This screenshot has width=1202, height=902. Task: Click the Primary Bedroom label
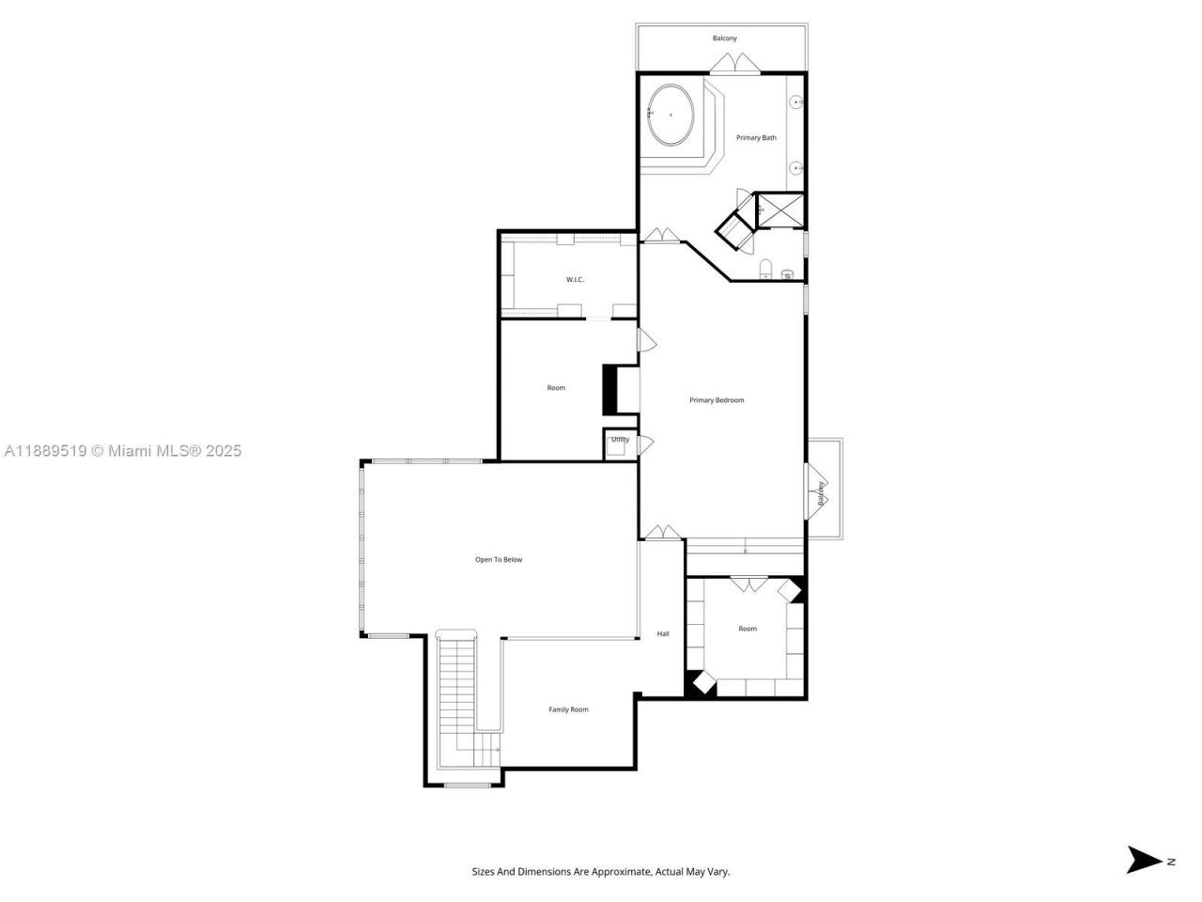point(717,400)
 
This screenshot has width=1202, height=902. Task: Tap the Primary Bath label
point(756,138)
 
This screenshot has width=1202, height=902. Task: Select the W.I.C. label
point(575,279)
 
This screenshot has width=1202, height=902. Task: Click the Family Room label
point(568,709)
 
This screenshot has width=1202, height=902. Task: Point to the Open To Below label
point(498,560)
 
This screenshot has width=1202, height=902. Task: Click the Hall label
point(663,634)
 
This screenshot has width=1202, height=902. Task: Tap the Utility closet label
point(620,440)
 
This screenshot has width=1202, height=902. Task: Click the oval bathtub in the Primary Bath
point(670,115)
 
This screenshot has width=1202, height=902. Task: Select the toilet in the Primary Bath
point(765,271)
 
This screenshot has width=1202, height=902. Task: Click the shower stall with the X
point(780,210)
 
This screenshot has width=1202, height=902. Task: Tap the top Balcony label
point(724,39)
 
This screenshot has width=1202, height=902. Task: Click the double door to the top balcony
point(734,64)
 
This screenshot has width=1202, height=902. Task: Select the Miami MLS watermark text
point(122,451)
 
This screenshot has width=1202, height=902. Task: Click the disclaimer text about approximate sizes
point(600,872)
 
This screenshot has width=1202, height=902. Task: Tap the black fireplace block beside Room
point(609,389)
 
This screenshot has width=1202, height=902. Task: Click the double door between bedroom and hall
point(662,533)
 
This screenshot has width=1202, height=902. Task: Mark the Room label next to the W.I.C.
point(556,388)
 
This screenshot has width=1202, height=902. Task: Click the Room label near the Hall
point(747,629)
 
